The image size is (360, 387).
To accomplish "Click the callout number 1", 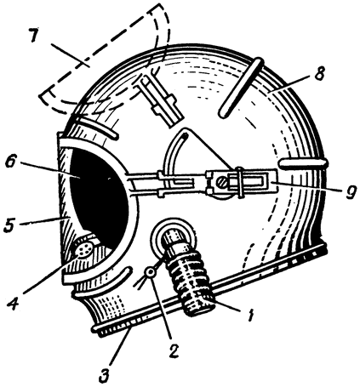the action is click(250, 315).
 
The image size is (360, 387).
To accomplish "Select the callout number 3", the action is click(105, 374).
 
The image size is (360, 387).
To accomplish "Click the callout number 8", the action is click(319, 73).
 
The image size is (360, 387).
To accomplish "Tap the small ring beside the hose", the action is click(150, 273).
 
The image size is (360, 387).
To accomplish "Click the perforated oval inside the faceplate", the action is click(84, 250).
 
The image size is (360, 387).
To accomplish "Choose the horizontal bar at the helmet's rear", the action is click(303, 164).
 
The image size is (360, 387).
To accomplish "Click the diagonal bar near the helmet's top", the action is click(242, 87).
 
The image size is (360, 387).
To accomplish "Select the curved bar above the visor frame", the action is click(95, 127).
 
